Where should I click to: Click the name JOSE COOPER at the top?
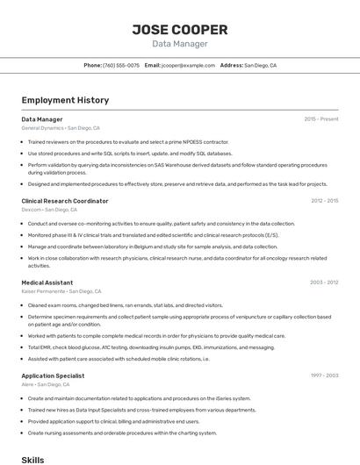pyautogui.click(x=180, y=30)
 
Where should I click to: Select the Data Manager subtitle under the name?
pyautogui.click(x=180, y=44)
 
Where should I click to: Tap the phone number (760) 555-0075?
pyautogui.click(x=121, y=66)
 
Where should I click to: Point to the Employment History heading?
pyautogui.click(x=65, y=100)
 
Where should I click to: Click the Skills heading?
pyautogui.click(x=32, y=459)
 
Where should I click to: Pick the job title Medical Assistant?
pyautogui.click(x=47, y=283)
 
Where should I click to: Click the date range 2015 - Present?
pyautogui.click(x=321, y=119)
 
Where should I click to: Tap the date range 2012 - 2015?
pyautogui.click(x=324, y=201)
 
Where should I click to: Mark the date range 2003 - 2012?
pyautogui.click(x=324, y=283)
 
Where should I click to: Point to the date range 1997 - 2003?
pyautogui.click(x=324, y=376)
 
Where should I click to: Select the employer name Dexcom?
pyautogui.click(x=31, y=210)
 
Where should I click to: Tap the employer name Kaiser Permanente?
pyautogui.click(x=43, y=291)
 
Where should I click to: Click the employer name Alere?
pyautogui.click(x=28, y=384)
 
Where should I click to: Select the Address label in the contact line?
pyautogui.click(x=231, y=66)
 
